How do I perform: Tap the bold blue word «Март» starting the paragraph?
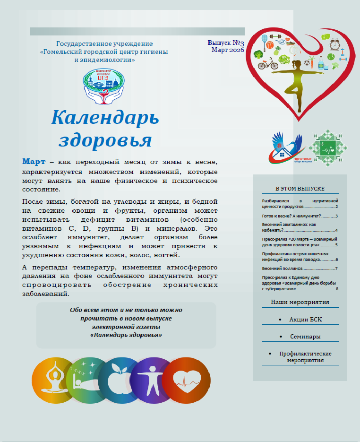point(34,162)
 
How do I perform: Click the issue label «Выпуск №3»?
point(225,43)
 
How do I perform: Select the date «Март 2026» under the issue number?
point(227,50)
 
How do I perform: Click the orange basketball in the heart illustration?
point(270,45)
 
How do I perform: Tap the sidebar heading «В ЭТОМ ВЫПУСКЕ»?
point(300,188)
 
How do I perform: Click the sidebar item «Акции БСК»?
point(306,320)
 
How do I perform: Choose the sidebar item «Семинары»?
point(306,337)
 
